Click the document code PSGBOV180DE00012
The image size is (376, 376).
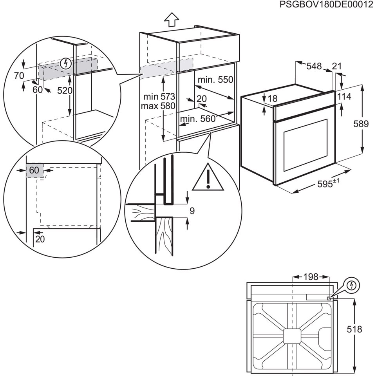coord(327,5)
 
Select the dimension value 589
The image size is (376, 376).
coord(360,124)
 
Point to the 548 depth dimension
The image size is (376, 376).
coord(314,66)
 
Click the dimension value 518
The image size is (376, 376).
coord(354,329)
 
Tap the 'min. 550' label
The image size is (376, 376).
coord(215,80)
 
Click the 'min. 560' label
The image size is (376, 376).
coord(198,119)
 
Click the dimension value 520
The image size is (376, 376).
coord(65,90)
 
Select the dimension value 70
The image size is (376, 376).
coord(19,76)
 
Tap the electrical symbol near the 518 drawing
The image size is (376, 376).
coord(352,285)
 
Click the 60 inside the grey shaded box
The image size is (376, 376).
coord(34,170)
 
